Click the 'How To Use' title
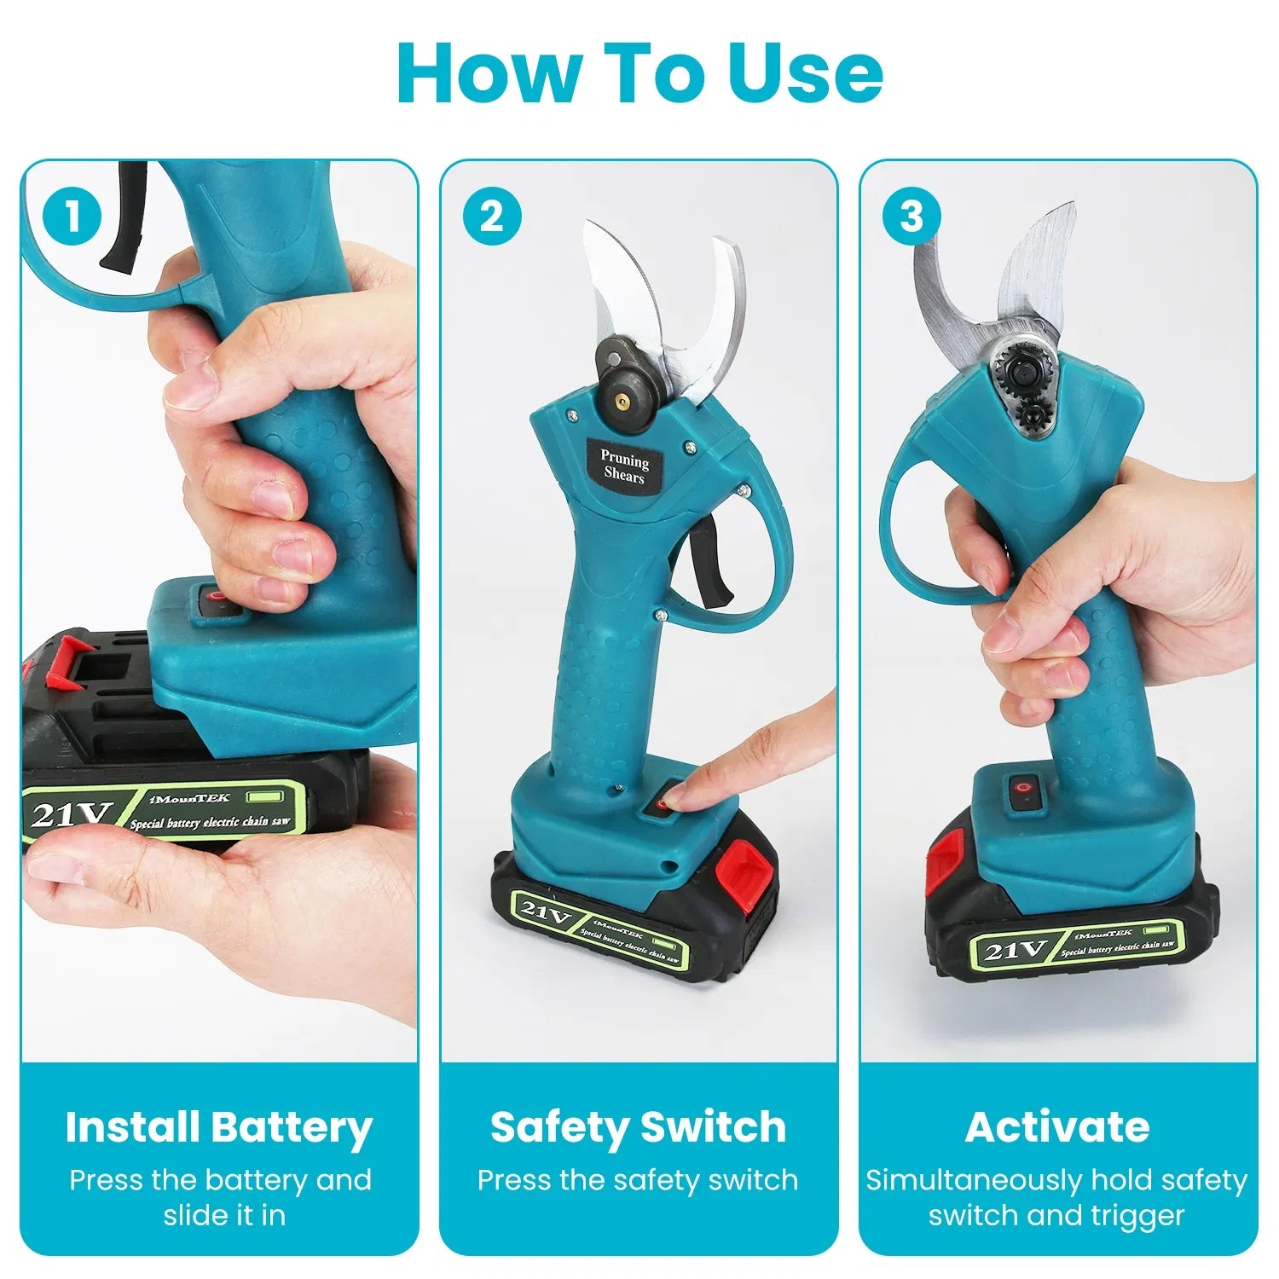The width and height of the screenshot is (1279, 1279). click(x=639, y=72)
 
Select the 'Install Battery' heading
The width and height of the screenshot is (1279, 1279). click(x=219, y=1127)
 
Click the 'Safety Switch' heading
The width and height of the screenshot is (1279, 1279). click(x=638, y=1127)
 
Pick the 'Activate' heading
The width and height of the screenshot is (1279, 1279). click(x=1057, y=1127)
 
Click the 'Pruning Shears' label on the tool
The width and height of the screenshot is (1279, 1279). click(x=624, y=466)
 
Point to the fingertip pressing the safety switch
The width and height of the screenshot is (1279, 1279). click(x=678, y=798)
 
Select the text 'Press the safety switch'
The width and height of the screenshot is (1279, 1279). click(x=638, y=1180)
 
